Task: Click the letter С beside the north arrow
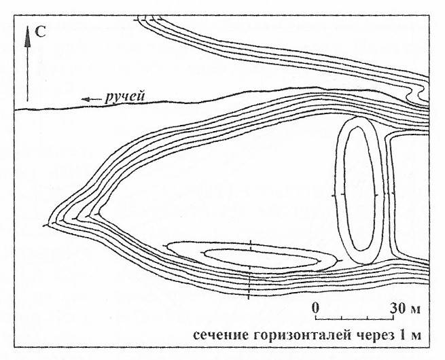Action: coord(40,33)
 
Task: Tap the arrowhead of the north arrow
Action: coord(27,36)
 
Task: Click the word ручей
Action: coord(125,96)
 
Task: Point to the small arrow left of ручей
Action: coord(91,99)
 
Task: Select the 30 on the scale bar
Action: coord(398,308)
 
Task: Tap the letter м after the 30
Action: coord(415,310)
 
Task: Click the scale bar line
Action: coord(355,319)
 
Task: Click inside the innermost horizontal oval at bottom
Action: coord(261,258)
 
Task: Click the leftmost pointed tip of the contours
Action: coord(49,226)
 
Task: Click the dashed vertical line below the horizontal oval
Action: coord(249,283)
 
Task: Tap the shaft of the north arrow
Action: coord(27,74)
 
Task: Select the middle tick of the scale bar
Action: coord(355,317)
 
